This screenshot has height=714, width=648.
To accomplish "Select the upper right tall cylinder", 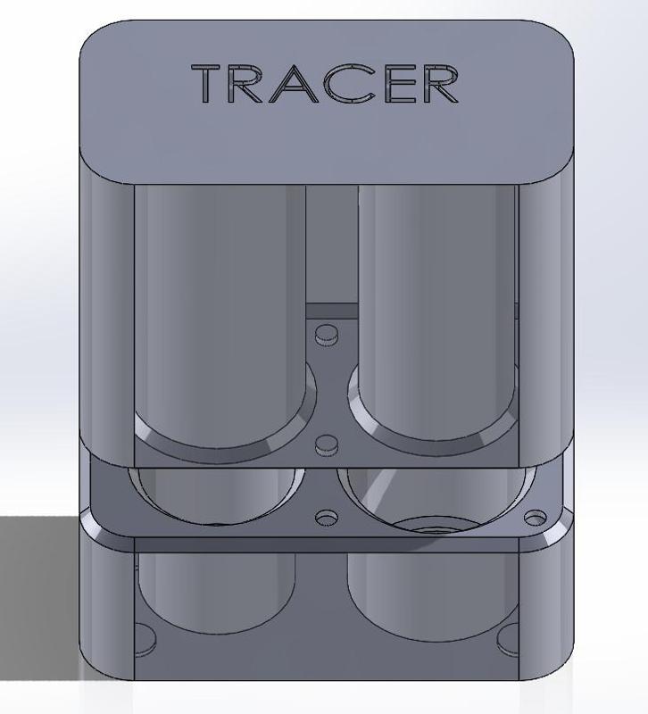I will (x=436, y=295).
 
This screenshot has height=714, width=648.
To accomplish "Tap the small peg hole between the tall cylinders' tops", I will (x=328, y=335).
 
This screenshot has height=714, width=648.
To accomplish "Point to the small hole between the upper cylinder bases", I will (x=328, y=444).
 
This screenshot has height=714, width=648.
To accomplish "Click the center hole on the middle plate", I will (x=328, y=518).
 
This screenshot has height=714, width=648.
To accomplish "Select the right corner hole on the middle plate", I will (x=535, y=518).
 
